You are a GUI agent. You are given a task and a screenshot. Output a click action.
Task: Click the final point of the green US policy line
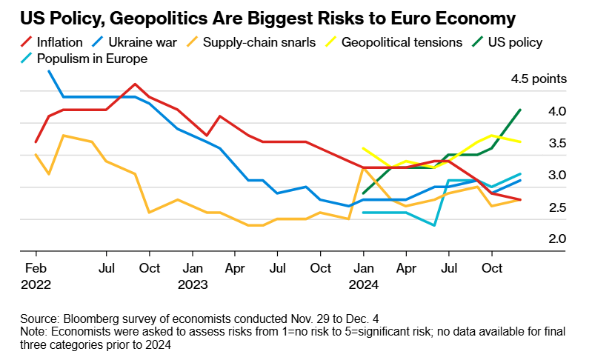point(520,110)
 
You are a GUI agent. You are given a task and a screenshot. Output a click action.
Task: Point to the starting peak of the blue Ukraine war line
point(49,71)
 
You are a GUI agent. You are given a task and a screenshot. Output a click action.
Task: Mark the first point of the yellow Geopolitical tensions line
point(363,148)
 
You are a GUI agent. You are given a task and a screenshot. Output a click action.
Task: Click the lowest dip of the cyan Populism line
point(434,225)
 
